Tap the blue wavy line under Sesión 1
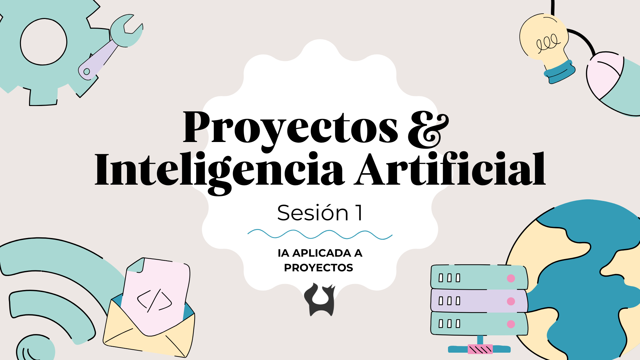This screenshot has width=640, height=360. coord(320,234)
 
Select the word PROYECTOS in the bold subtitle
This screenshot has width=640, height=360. coord(319,268)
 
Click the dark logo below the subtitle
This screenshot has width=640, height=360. coord(320,299)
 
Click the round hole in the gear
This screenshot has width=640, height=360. coord(44,42)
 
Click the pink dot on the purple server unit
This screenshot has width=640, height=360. coord(511,301)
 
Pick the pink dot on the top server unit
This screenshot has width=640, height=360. coord(511,278)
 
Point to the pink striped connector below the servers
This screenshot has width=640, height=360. coord(480,349)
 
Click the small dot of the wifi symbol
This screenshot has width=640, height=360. coord(35,348)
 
